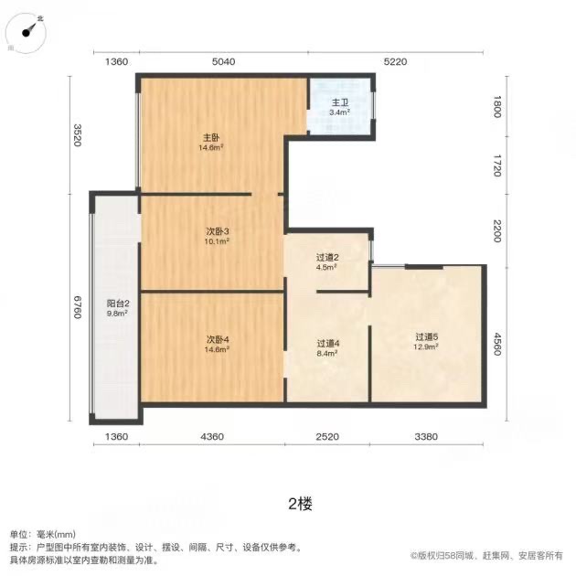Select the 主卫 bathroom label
tap(339, 103)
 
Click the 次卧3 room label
tap(217, 232)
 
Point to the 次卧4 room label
tap(217, 339)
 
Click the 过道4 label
tap(327, 344)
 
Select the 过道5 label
tap(426, 336)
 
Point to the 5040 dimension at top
tap(223, 62)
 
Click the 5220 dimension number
tap(394, 62)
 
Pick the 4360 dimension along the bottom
tap(212, 437)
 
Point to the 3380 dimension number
tap(426, 437)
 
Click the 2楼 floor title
tap(301, 503)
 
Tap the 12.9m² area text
tap(426, 347)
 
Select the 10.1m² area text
tap(217, 242)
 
